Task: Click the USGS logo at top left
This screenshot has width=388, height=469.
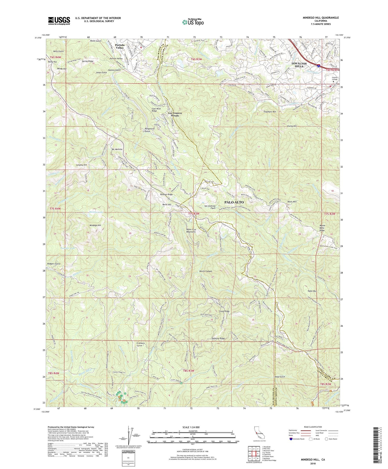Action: point(59,20)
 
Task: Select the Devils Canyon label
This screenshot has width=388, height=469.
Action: point(206,271)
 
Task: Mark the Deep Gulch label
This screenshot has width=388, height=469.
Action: point(280,377)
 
